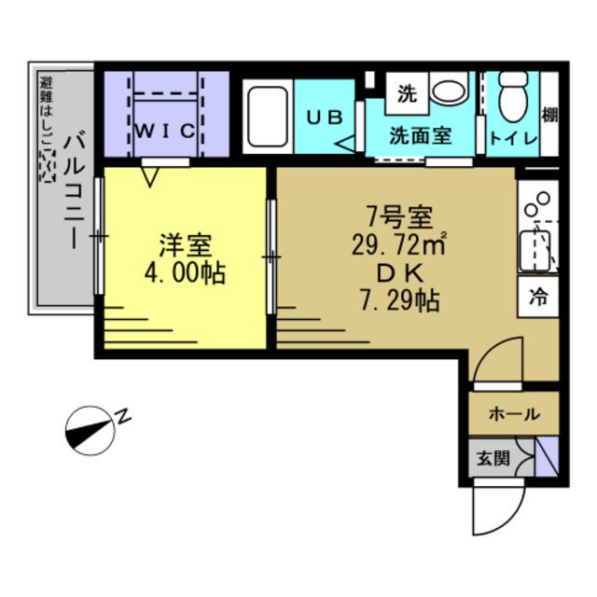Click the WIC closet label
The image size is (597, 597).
(x=164, y=131)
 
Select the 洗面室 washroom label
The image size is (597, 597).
(x=420, y=135)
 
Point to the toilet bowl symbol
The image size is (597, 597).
(x=513, y=96)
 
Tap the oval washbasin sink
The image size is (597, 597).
(x=450, y=91)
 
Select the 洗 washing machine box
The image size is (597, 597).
(x=407, y=93)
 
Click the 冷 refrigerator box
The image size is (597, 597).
(x=537, y=297)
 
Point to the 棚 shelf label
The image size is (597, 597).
(x=549, y=117)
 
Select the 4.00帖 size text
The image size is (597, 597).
(x=185, y=275)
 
